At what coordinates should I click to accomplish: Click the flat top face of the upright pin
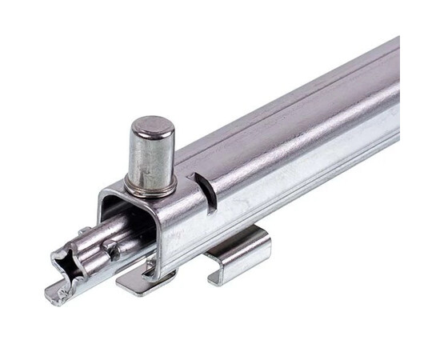tap(153, 126)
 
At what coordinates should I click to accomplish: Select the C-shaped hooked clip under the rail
tap(239, 254)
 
